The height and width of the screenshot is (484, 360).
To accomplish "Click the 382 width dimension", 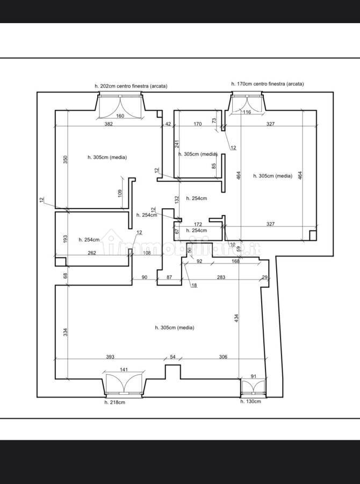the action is click(109, 124).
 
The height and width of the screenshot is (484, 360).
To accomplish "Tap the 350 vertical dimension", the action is click(66, 159).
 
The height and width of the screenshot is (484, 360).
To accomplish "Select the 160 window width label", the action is click(120, 116).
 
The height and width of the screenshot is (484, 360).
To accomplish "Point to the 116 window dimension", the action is click(247, 112).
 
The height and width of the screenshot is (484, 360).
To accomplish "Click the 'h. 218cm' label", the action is click(115, 402).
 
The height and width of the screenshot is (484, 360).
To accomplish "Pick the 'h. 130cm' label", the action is click(250, 401).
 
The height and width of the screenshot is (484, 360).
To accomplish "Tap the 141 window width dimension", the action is click(124, 369).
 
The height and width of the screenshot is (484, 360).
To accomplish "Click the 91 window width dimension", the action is click(253, 376).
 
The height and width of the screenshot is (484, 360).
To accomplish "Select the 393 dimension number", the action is click(110, 357).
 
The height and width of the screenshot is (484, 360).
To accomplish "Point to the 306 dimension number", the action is click(223, 357).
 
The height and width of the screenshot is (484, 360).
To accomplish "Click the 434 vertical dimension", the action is click(236, 318).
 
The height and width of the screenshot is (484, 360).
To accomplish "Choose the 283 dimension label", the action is click(221, 277).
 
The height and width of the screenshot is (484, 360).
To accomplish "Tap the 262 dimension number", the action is click(92, 253).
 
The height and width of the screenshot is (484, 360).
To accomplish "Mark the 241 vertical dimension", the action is click(177, 144).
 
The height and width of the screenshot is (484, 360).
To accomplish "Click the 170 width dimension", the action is click(198, 124).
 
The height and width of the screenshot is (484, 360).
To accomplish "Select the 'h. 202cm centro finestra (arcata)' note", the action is click(131, 86).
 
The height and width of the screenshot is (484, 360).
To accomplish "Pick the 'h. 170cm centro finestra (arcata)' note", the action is click(268, 84).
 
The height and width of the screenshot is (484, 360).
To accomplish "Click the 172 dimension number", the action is click(198, 224).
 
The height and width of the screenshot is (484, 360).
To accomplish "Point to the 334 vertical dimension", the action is click(66, 332).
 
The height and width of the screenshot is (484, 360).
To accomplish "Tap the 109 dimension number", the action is click(120, 193).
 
